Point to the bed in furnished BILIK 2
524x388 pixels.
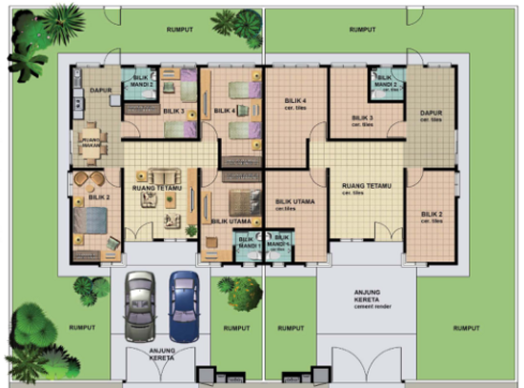point(93,221)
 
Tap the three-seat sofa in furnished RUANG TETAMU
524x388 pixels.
point(159,176)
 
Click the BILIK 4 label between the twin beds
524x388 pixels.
point(224,111)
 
